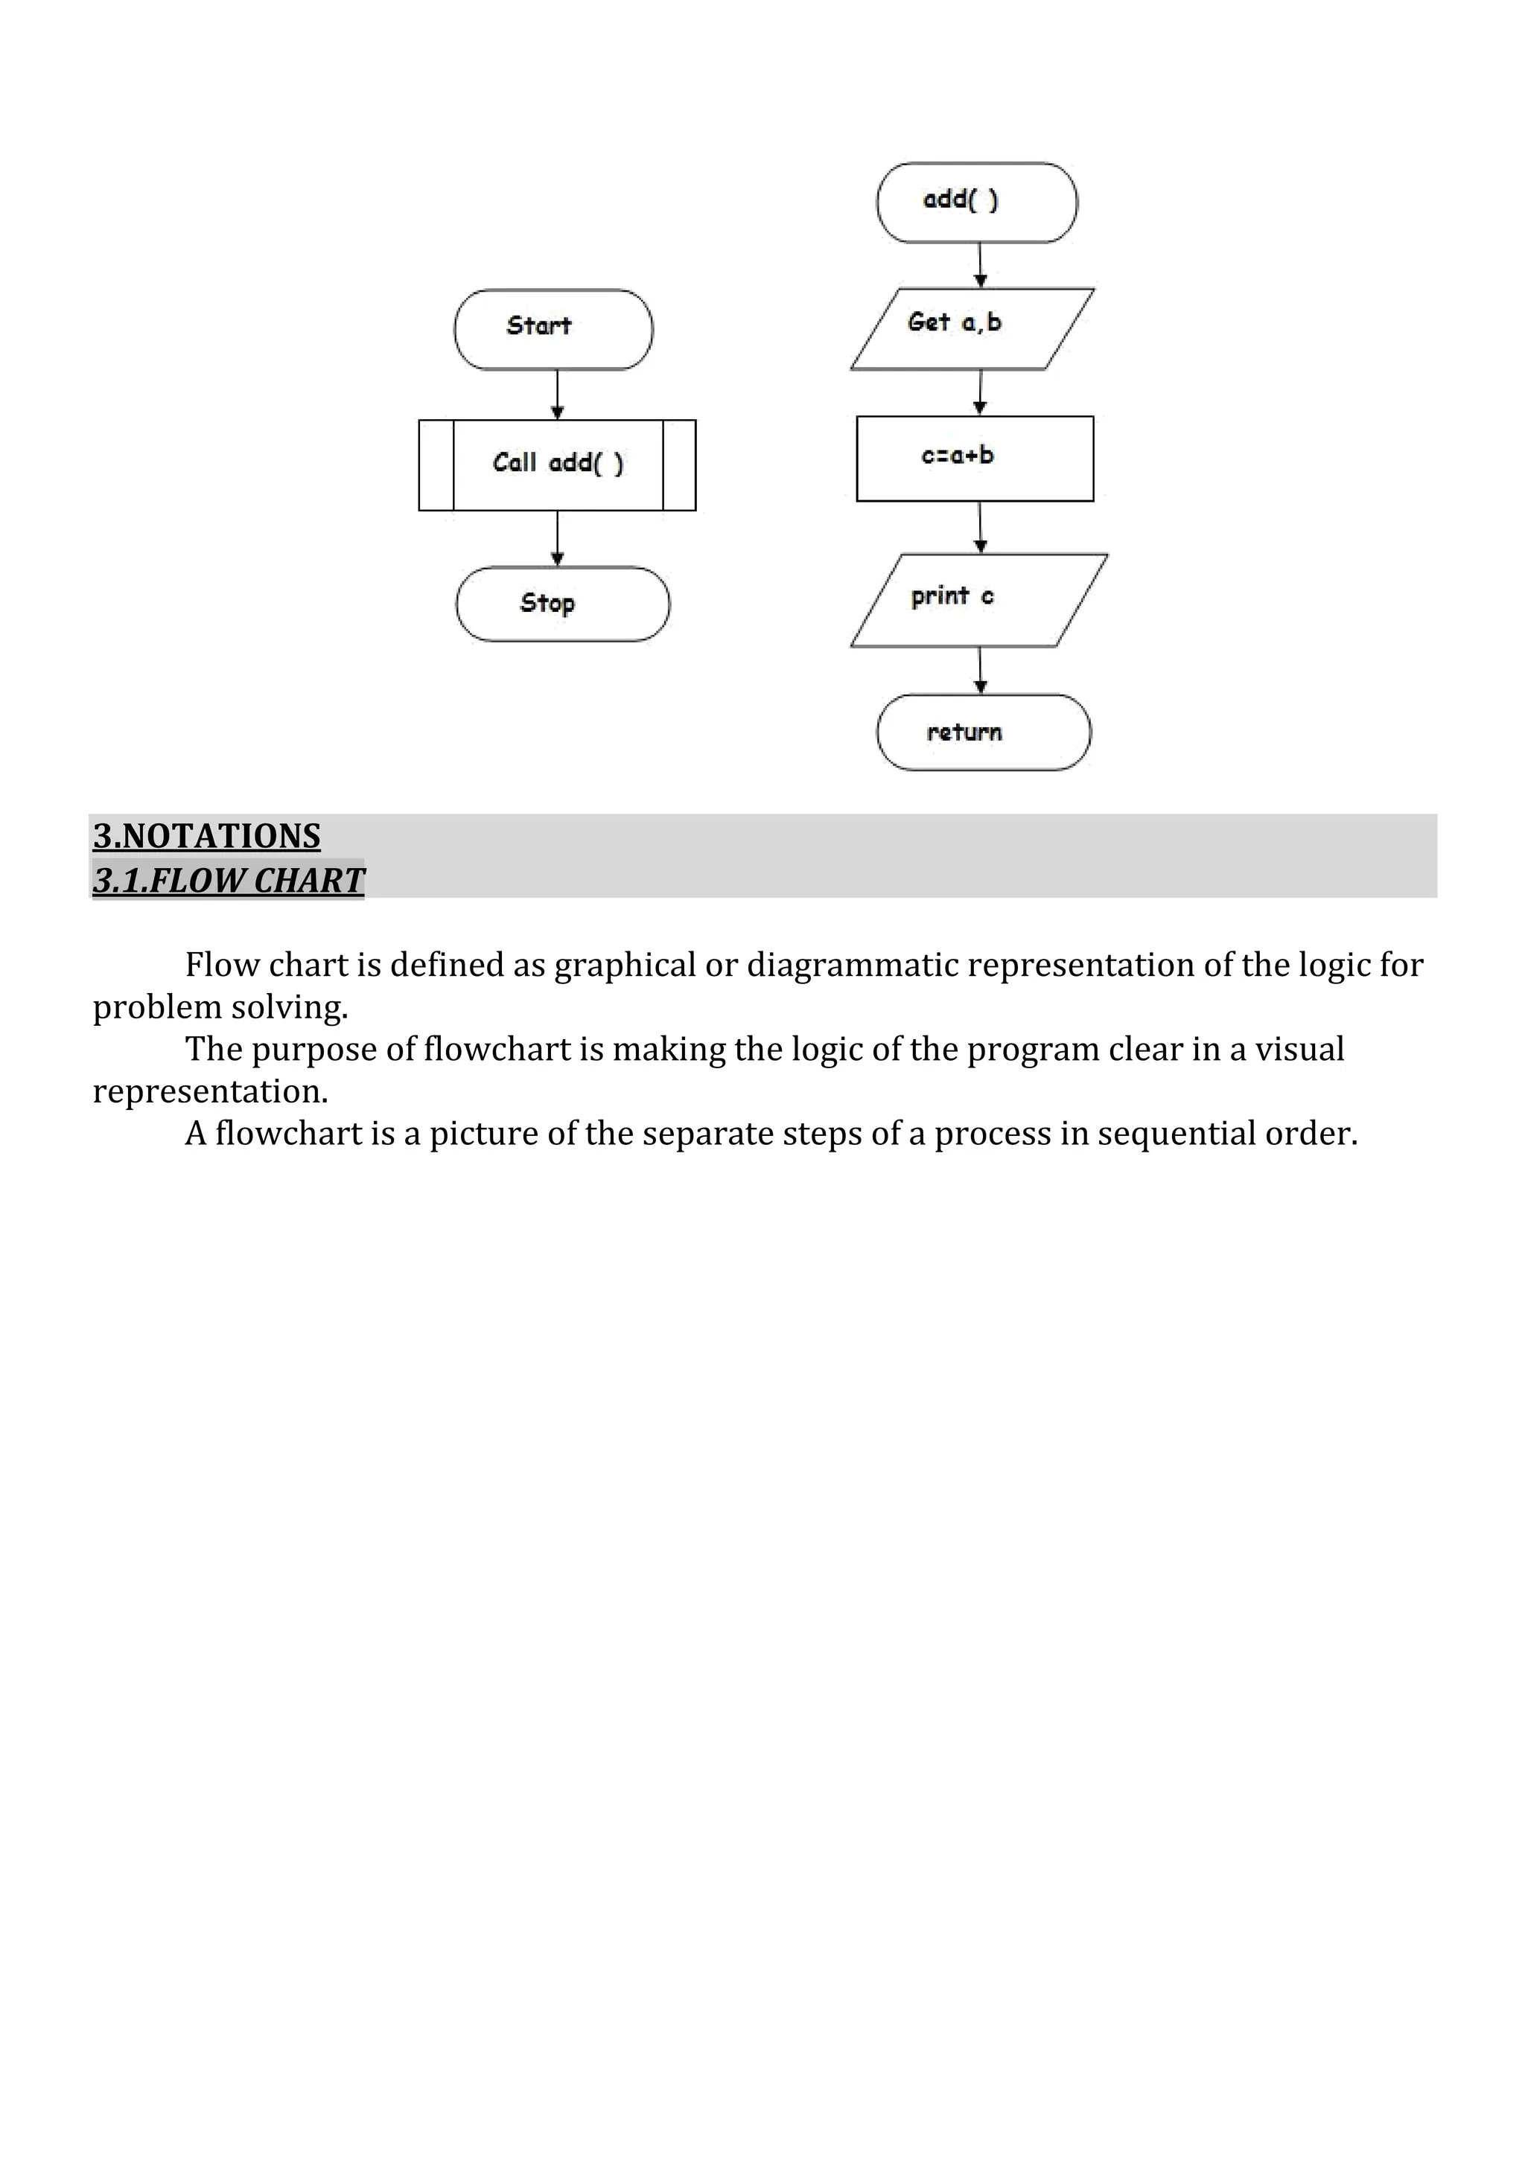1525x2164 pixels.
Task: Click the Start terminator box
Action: click(553, 330)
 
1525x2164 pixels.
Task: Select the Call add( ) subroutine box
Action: click(557, 465)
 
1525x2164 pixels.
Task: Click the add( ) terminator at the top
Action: click(976, 202)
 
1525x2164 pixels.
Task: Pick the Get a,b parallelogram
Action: click(972, 329)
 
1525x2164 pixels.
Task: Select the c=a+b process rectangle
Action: click(975, 458)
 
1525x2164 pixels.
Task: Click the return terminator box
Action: click(983, 732)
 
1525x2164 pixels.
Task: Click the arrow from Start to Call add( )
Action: click(557, 394)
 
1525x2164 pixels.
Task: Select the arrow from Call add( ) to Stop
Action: click(557, 538)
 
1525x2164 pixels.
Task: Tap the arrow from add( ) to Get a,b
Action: click(980, 265)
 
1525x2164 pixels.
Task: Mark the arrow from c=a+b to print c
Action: click(980, 527)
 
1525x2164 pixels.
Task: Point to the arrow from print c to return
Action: click(980, 670)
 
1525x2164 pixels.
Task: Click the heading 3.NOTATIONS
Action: click(206, 836)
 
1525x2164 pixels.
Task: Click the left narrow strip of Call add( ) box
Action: click(436, 465)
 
